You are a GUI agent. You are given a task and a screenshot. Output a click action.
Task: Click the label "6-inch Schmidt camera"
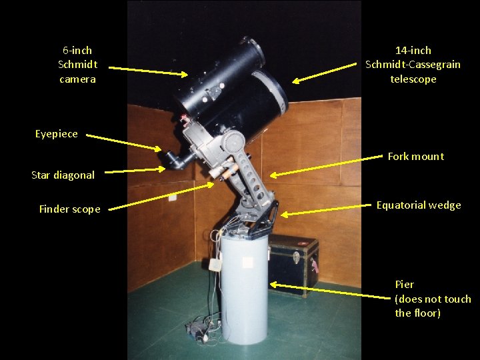click(x=78, y=65)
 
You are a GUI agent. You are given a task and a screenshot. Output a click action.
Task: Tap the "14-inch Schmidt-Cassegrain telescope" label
click(x=413, y=65)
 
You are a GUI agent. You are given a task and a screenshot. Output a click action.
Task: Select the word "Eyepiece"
click(x=56, y=134)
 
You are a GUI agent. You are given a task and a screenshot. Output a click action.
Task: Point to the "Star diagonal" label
click(x=63, y=175)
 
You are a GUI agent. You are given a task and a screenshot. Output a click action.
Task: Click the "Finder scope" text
click(x=70, y=209)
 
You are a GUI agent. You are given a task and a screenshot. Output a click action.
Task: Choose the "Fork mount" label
click(x=416, y=157)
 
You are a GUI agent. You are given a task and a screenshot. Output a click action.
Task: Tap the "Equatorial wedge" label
click(x=419, y=205)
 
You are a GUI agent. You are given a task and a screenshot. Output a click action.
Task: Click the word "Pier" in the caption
click(x=405, y=285)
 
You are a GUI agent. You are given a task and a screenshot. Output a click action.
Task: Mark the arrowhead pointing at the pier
click(x=273, y=285)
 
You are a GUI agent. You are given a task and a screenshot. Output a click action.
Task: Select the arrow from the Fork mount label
click(x=326, y=165)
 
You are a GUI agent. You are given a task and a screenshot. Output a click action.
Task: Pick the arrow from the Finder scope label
click(x=161, y=197)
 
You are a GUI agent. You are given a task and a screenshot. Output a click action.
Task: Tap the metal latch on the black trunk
click(x=296, y=257)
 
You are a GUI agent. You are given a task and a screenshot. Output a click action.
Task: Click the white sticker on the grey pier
click(x=247, y=262)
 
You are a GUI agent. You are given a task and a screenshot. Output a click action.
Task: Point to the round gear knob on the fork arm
click(x=233, y=141)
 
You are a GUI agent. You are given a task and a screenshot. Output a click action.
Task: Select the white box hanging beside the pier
click(x=215, y=264)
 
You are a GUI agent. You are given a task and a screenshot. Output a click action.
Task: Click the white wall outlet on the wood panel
click(x=173, y=197)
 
